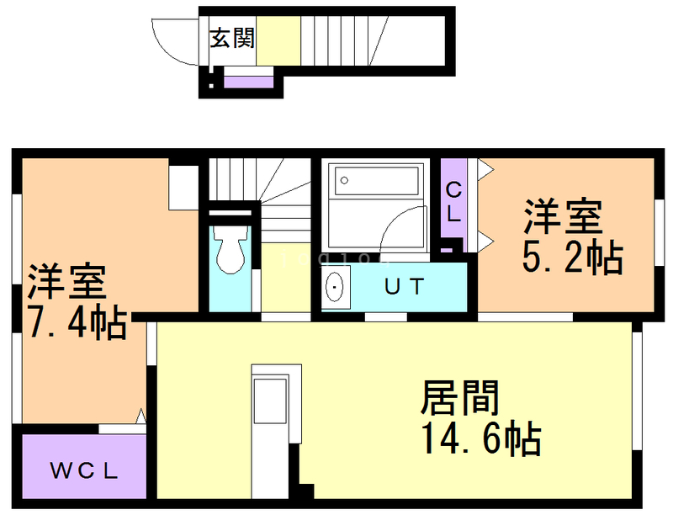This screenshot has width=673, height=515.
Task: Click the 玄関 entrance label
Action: [x=232, y=38]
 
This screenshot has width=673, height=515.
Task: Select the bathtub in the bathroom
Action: [x=376, y=181]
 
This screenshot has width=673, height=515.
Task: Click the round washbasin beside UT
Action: [x=335, y=288]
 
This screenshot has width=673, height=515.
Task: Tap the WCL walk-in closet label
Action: [x=82, y=470]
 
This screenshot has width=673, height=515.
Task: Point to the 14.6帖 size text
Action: [x=481, y=438]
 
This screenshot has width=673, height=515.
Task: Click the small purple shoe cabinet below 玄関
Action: [x=249, y=82]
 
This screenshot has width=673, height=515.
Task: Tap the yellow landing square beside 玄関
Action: [x=278, y=40]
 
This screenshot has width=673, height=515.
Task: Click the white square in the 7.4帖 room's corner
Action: [x=183, y=187]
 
